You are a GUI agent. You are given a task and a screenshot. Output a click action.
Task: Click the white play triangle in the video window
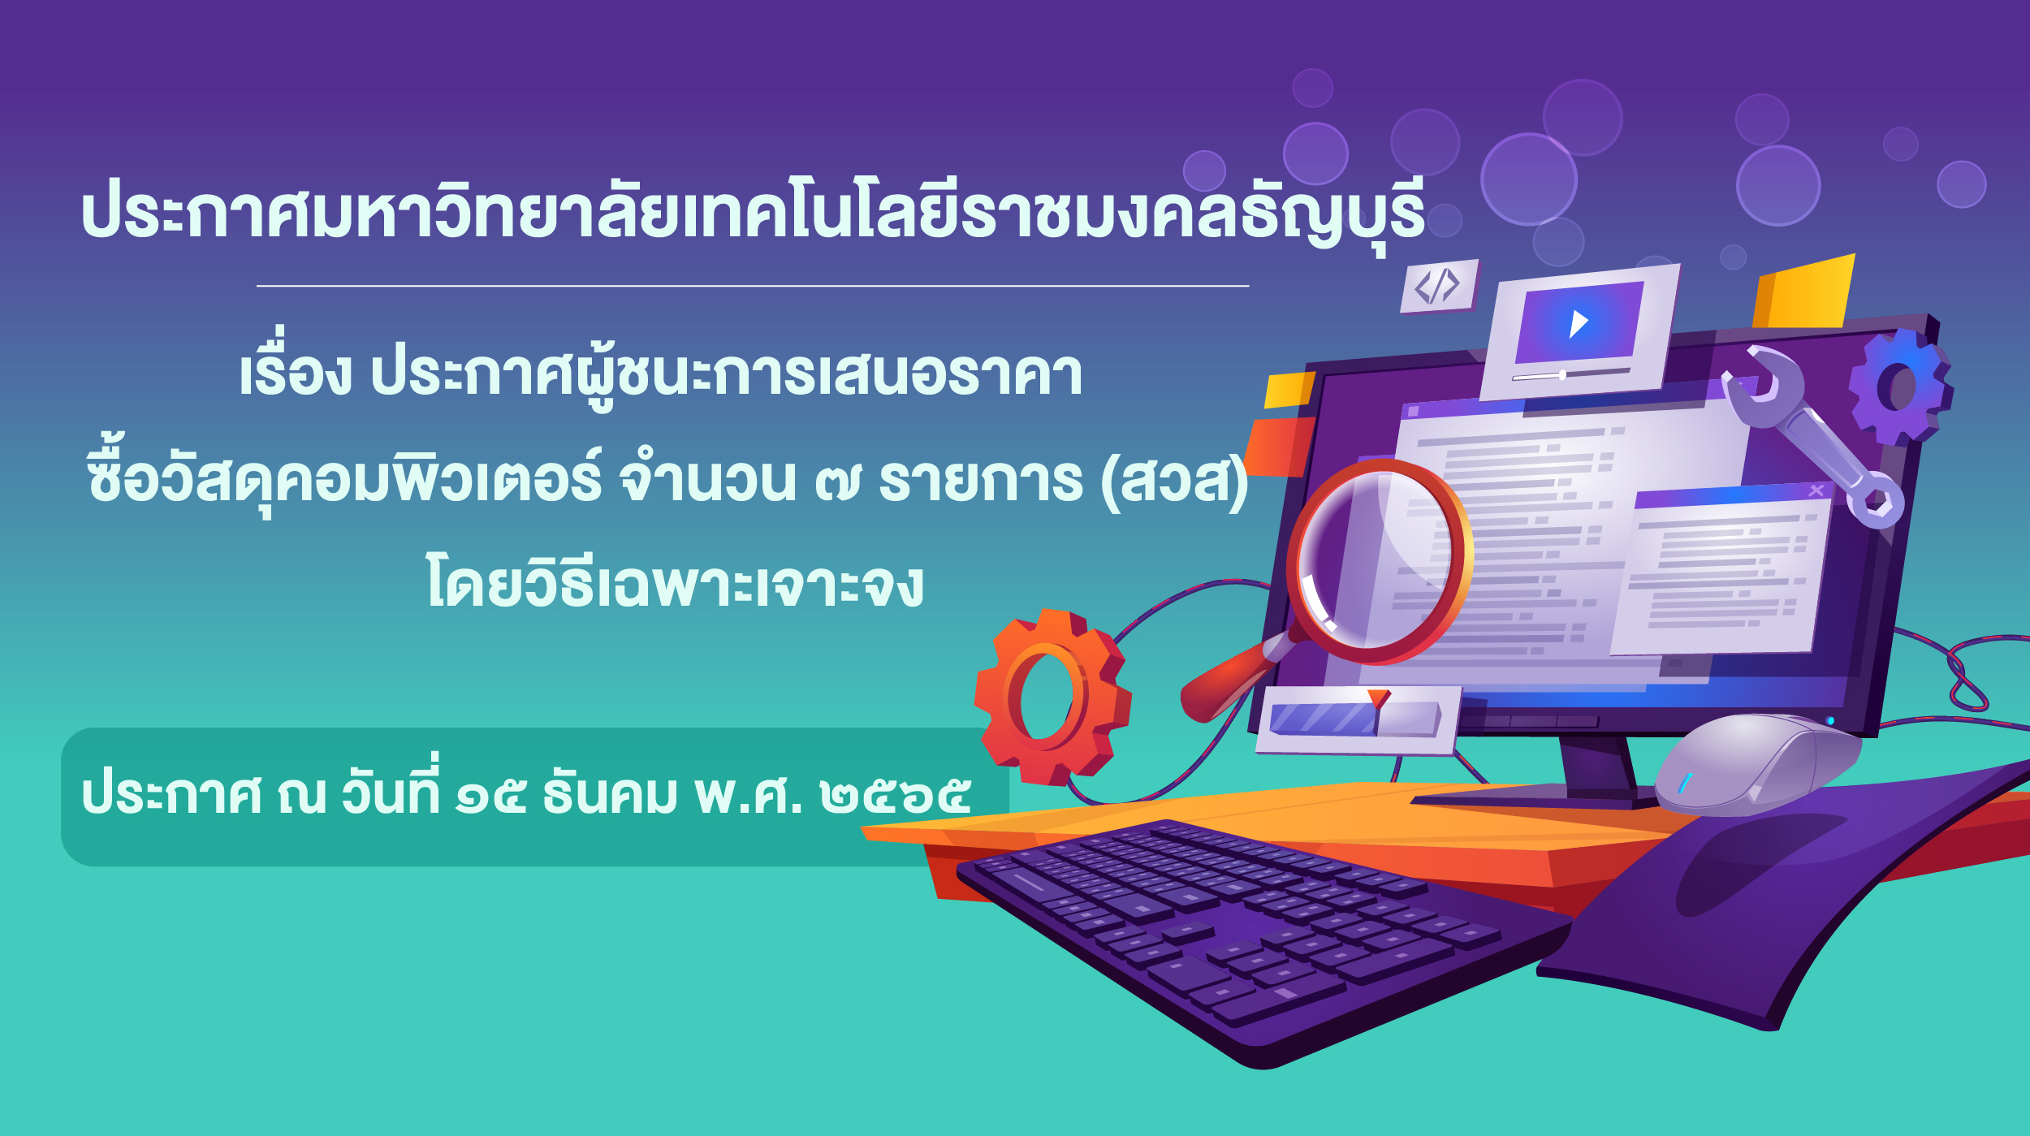click(1578, 323)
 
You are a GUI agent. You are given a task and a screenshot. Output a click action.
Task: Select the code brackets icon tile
click(1438, 286)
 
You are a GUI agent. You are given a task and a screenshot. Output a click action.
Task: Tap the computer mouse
click(1754, 763)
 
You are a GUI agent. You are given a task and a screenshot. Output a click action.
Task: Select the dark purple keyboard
click(1267, 934)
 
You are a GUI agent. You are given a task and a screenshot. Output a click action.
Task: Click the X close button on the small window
click(1816, 490)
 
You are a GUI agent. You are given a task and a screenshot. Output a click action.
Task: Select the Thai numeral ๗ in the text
click(837, 481)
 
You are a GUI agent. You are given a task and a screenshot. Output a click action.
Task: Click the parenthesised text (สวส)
click(1174, 481)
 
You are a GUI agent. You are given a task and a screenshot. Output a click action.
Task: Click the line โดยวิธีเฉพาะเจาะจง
click(675, 581)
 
